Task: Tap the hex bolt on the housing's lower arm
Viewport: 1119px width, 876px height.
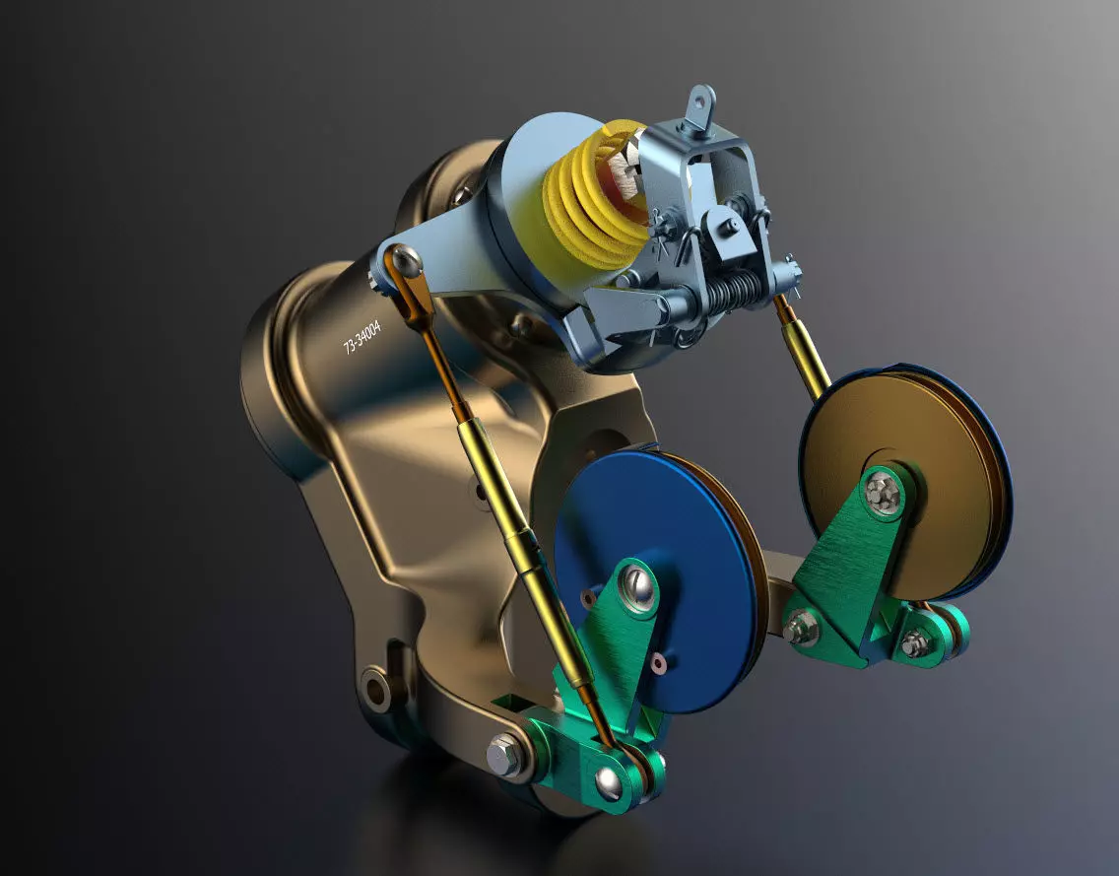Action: (x=503, y=755)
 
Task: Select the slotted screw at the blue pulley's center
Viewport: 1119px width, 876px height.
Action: (x=638, y=590)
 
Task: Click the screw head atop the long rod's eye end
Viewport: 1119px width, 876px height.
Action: (x=405, y=261)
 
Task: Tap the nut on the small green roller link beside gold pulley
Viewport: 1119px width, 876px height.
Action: (x=913, y=643)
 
